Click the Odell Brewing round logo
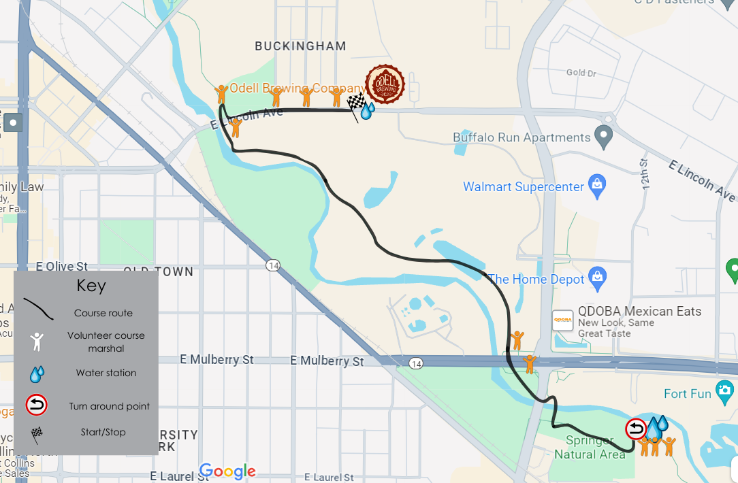pyautogui.click(x=385, y=84)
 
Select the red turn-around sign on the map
pyautogui.click(x=636, y=429)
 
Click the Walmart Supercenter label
pyautogui.click(x=524, y=186)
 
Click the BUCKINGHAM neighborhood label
pyautogui.click(x=300, y=46)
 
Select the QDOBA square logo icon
pyautogui.click(x=562, y=320)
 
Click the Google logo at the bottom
pyautogui.click(x=227, y=471)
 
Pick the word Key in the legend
pyautogui.click(x=91, y=286)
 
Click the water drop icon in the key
pyautogui.click(x=37, y=373)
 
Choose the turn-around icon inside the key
pyautogui.click(x=36, y=406)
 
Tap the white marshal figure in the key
pyautogui.click(x=37, y=341)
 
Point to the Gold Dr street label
pyautogui.click(x=581, y=73)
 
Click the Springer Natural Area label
pyautogui.click(x=590, y=448)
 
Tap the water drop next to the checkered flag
pyautogui.click(x=367, y=110)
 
